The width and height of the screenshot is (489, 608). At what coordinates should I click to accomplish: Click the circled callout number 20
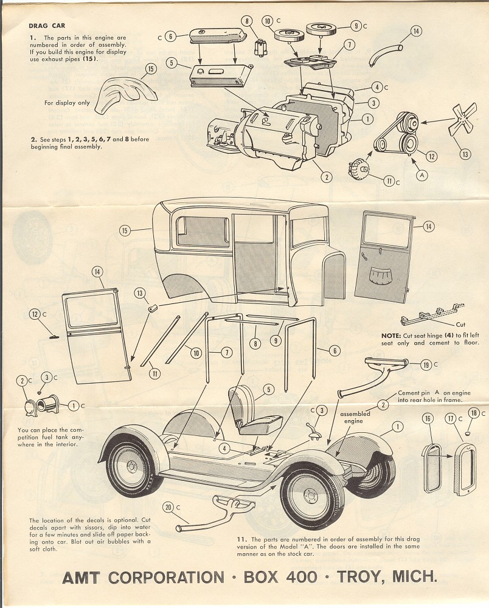coord(168,507)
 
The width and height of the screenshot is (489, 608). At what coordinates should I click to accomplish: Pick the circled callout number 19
coord(427,365)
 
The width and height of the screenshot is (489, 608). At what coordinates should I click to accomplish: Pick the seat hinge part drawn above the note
coord(429,317)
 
